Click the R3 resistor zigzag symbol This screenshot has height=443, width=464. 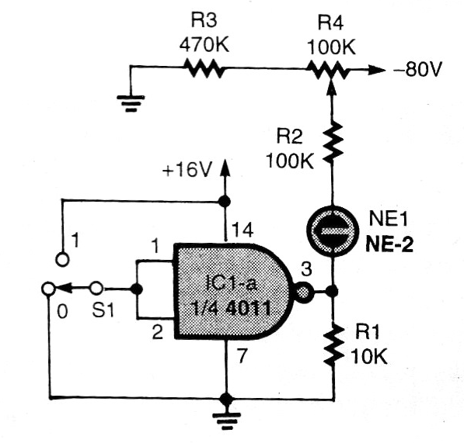pos(205,70)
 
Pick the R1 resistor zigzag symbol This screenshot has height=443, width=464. pos(333,344)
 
